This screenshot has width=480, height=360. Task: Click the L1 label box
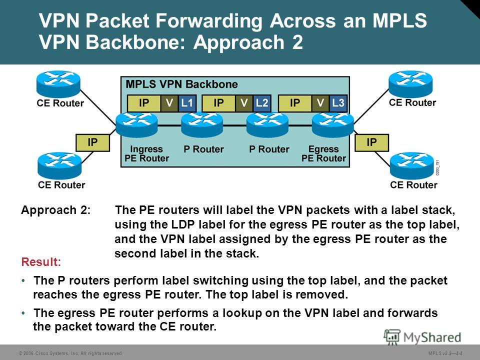186,103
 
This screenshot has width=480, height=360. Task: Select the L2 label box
261,103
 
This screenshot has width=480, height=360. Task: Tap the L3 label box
338,103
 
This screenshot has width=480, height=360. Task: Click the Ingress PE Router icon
137,124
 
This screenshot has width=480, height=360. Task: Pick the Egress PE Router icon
333,124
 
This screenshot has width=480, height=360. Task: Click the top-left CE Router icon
58,84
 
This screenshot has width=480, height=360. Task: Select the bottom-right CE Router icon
411,165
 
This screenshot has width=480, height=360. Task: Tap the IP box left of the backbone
92,142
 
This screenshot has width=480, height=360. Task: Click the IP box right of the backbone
371,142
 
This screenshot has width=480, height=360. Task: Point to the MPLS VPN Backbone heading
182,84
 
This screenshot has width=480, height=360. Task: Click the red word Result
41,262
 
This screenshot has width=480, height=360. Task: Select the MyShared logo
423,337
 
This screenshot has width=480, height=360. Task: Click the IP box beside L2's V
218,103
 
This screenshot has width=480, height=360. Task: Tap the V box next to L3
320,103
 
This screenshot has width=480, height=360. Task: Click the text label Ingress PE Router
146,153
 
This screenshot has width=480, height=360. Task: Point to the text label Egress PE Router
323,153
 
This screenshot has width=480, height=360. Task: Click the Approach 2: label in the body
55,210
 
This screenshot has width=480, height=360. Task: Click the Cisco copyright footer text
71,353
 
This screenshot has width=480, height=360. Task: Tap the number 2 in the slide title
297,42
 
